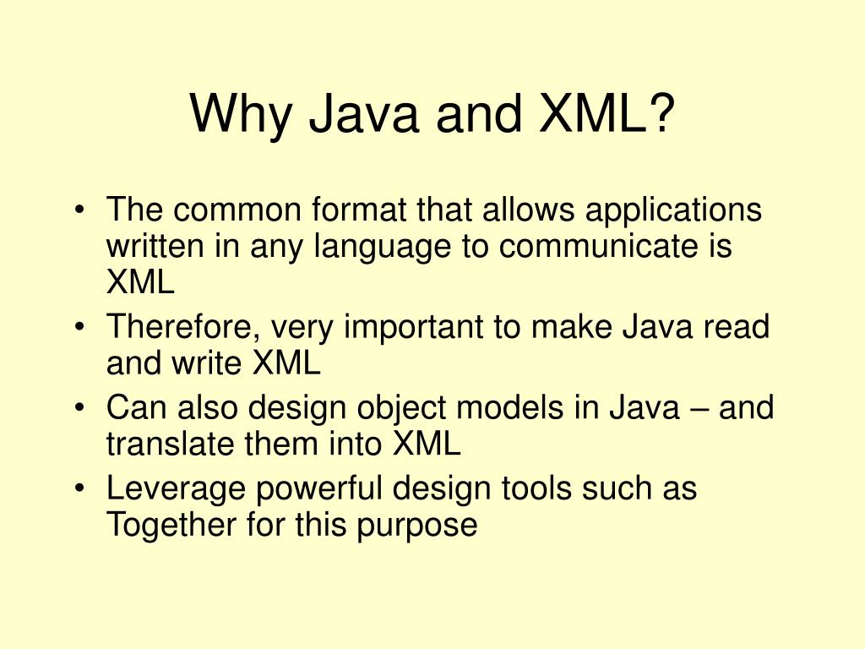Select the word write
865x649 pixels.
(209, 364)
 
